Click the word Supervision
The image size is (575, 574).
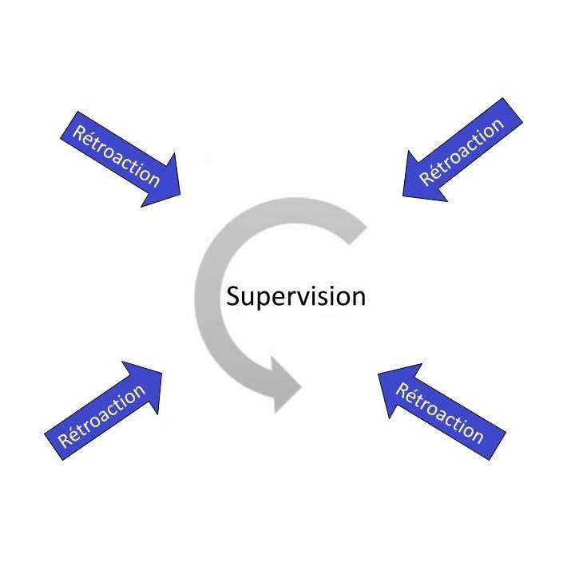click(x=295, y=297)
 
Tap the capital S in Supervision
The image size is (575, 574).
click(x=233, y=297)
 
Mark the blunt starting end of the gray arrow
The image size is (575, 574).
click(x=358, y=225)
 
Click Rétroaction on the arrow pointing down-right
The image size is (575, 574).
click(x=116, y=155)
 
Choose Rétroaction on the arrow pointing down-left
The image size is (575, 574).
click(x=462, y=151)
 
